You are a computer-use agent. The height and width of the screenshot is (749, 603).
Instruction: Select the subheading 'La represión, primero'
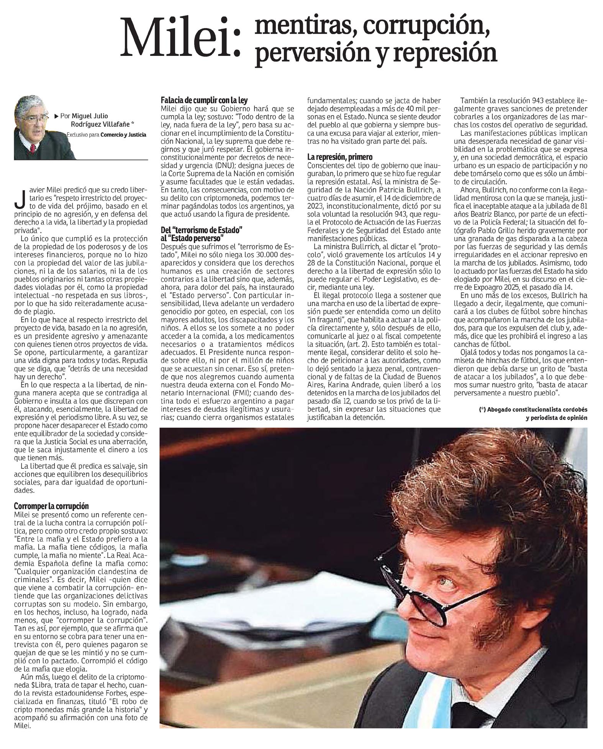[339, 157]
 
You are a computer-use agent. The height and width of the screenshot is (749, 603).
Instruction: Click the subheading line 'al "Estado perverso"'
[192, 237]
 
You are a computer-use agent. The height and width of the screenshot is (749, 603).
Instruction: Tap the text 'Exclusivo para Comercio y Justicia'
[106, 135]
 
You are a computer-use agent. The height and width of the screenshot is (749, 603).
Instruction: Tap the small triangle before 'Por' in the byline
[56, 116]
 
